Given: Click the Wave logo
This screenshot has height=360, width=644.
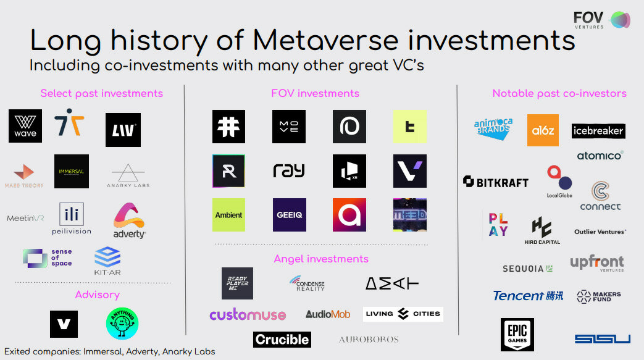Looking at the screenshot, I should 25,126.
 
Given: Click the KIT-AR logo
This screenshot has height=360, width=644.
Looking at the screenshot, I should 107,261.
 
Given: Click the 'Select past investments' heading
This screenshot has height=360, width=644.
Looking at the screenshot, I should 102,94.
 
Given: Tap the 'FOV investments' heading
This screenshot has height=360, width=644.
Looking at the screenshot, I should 315,94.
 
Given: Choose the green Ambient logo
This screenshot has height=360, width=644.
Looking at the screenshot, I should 228,215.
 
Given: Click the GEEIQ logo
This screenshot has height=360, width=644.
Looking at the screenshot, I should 289,215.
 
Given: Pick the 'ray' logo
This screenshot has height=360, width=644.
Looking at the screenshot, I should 289,170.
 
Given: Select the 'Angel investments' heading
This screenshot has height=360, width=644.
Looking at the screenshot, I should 321,259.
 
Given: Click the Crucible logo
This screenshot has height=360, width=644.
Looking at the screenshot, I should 282,339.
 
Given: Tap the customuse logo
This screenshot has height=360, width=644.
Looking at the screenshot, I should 248,315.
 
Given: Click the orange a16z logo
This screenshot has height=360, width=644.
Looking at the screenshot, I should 543,130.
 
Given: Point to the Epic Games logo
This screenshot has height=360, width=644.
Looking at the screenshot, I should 517,335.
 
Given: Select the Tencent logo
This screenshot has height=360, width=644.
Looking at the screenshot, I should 528,296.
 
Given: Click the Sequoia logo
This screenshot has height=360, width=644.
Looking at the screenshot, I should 527,269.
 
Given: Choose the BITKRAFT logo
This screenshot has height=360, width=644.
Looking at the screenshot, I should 496,182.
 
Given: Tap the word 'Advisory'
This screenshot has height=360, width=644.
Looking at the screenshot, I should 97,295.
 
